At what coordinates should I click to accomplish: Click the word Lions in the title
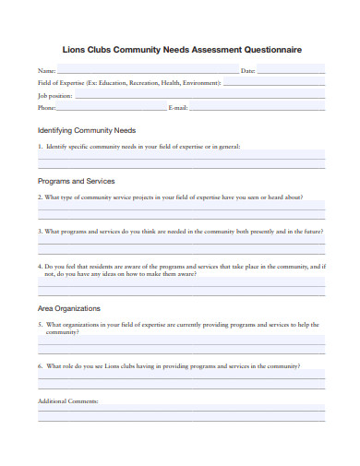(74, 51)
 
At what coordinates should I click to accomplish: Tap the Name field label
(46, 71)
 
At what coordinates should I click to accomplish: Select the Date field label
(247, 71)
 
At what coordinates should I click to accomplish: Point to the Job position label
(54, 95)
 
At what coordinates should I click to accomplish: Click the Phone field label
(47, 108)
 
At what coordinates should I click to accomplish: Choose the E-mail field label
(179, 108)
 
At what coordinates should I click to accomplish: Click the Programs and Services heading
(76, 181)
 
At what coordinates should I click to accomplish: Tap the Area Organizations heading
(69, 308)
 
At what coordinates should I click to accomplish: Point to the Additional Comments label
(67, 401)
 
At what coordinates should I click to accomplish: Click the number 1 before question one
(39, 147)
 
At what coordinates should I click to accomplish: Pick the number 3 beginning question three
(39, 231)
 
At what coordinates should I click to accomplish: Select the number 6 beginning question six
(39, 366)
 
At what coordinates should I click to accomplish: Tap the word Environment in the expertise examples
(201, 83)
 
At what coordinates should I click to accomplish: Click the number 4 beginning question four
(39, 266)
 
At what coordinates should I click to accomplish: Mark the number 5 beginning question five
(39, 325)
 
